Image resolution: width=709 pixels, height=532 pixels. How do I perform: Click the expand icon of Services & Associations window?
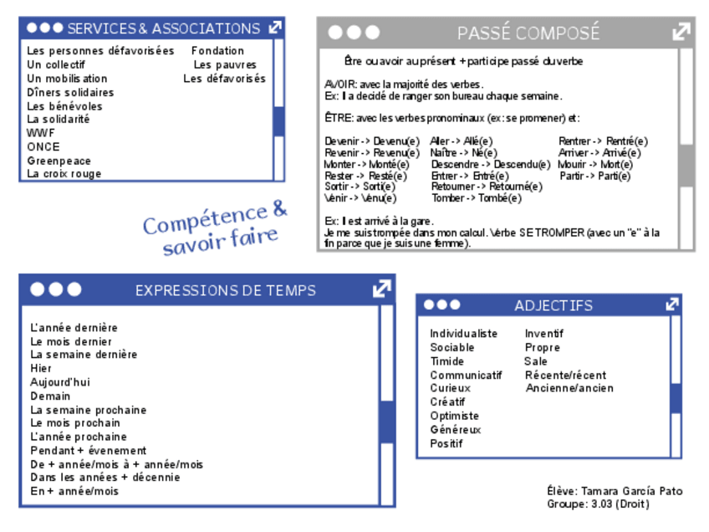[275, 28]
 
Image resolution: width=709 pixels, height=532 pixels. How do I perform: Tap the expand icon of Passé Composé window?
[681, 33]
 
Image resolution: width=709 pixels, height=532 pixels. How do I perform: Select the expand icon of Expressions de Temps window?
[382, 289]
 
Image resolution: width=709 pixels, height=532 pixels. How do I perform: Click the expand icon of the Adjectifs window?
[672, 304]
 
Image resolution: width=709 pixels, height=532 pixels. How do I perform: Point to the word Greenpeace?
[59, 161]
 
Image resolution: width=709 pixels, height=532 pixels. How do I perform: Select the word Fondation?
[217, 51]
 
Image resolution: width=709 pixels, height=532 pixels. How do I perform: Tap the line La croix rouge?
[64, 174]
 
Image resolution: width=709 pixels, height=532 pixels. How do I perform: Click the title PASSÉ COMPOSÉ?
[528, 33]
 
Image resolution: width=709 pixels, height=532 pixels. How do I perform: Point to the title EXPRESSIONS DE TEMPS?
[226, 290]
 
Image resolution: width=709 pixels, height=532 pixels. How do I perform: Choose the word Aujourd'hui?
[60, 382]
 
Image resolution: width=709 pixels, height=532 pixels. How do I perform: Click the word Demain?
[50, 396]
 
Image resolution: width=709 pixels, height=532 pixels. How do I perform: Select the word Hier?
[41, 368]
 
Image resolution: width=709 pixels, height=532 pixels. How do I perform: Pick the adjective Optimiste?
[455, 416]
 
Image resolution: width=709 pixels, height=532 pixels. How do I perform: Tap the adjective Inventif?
[543, 334]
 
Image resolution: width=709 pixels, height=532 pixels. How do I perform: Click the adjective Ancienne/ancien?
[569, 388]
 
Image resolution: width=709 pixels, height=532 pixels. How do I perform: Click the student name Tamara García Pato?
[631, 491]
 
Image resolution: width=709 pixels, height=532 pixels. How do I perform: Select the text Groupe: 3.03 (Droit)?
[598, 504]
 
